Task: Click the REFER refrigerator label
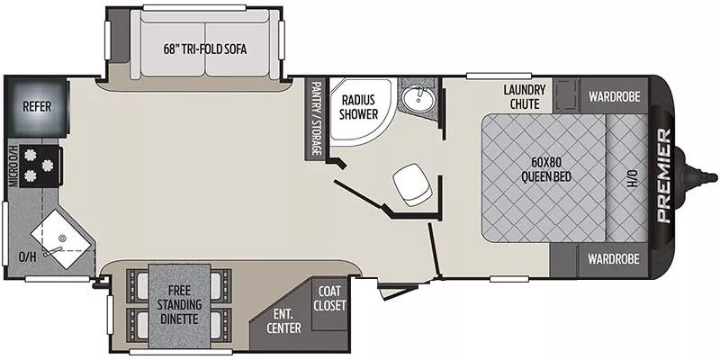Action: (38, 106)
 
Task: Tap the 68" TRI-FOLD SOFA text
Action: (205, 49)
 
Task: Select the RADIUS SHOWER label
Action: (358, 106)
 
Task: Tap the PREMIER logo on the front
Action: (662, 175)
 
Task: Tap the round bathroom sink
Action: (417, 97)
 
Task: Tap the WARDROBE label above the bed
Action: (614, 95)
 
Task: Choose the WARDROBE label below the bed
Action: (614, 259)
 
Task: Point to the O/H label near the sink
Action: (28, 256)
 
